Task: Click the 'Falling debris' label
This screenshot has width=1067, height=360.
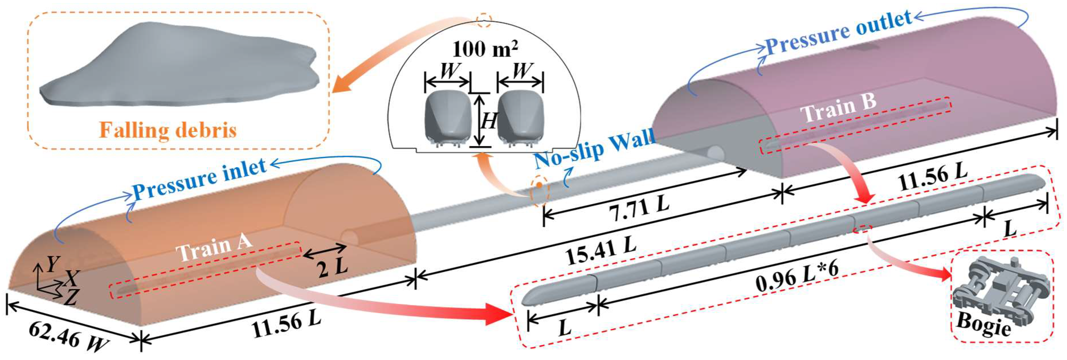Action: pos(168,130)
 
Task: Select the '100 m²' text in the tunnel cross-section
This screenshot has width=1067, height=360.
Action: pos(485,50)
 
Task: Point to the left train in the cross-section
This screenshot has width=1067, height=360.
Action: pos(448,118)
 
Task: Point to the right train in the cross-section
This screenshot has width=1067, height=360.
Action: pos(520,118)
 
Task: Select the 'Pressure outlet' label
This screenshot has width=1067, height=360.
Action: pos(839,33)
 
